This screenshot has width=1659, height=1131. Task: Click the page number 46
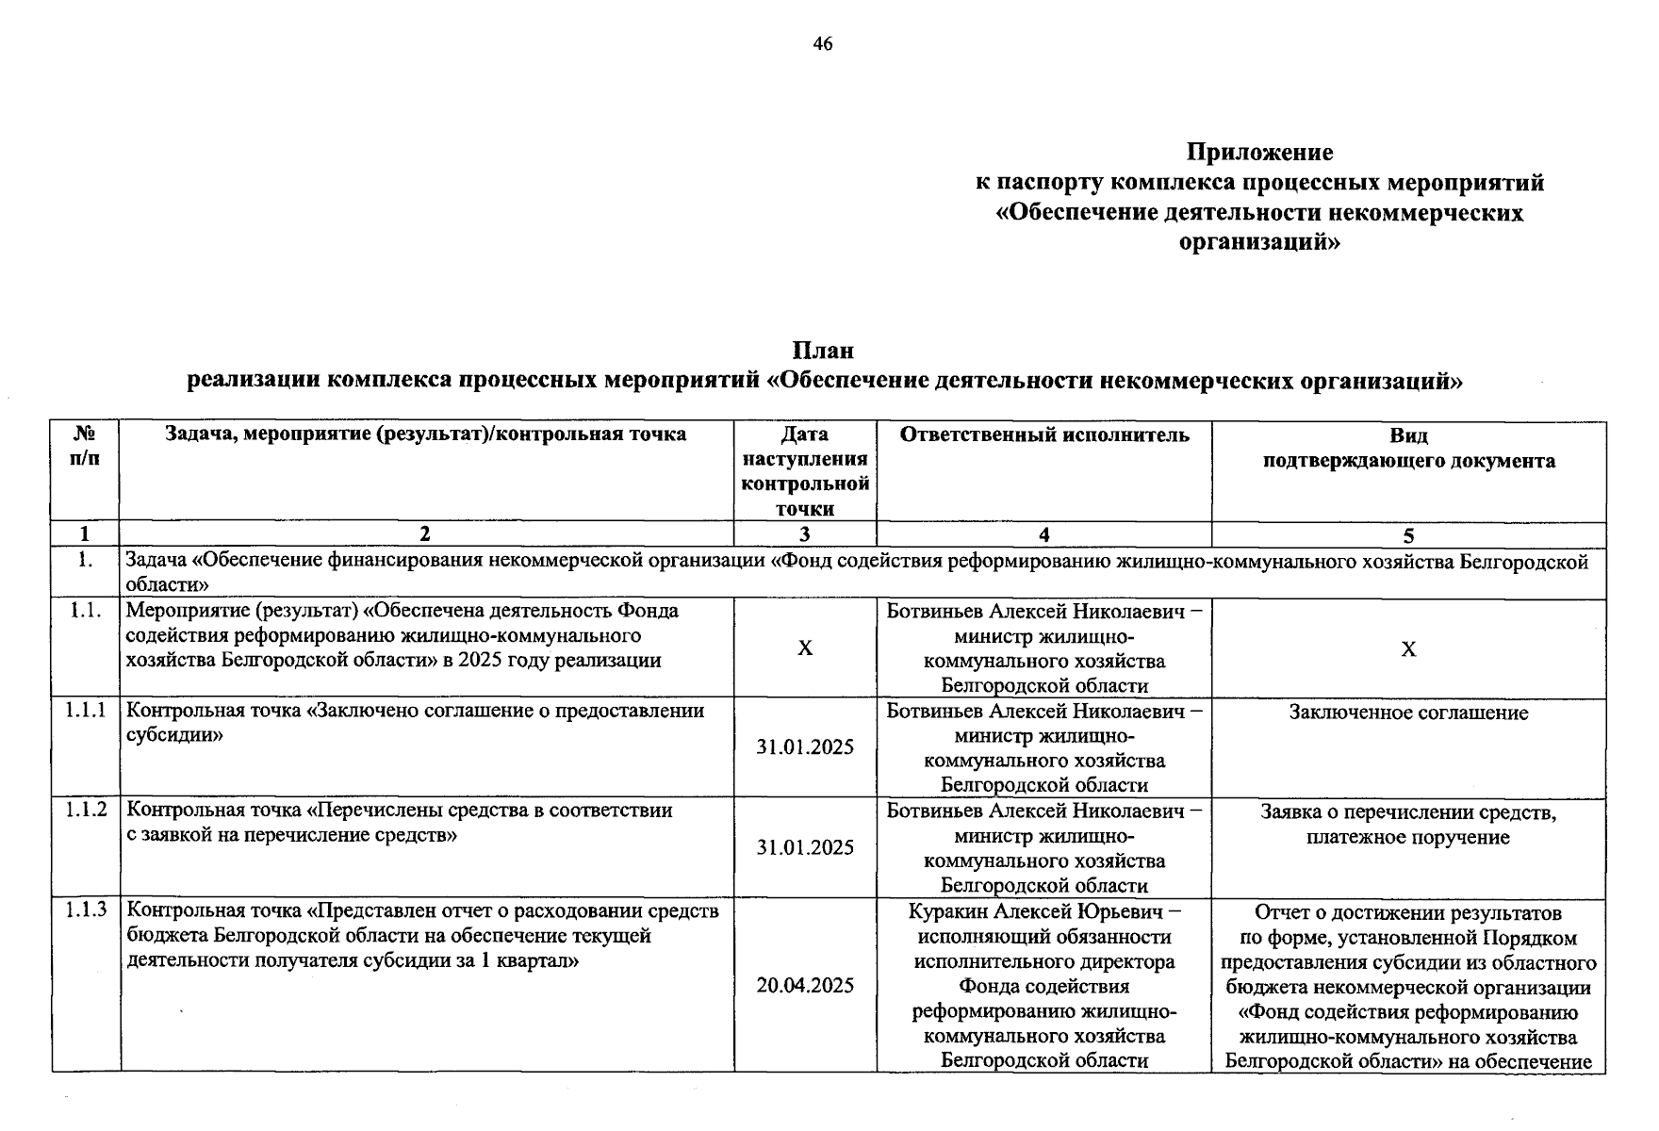(822, 44)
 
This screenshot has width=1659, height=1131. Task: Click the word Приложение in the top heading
(1259, 152)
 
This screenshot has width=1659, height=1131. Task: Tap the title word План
(823, 351)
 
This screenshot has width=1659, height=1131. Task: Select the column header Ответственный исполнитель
(1044, 434)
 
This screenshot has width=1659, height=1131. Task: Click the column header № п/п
(85, 447)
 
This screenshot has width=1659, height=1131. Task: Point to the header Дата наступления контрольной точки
(805, 471)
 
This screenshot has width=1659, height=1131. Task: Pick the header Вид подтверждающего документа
(1408, 448)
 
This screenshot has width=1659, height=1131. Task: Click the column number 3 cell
(805, 534)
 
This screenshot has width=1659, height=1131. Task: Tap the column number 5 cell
(1408, 535)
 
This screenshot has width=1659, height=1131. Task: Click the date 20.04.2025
(805, 986)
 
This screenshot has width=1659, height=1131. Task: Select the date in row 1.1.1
(805, 747)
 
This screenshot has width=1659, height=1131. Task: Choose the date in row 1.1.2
(805, 847)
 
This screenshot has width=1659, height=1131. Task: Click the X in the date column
(805, 648)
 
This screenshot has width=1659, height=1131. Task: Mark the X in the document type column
(1408, 649)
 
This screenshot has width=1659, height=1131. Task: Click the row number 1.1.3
(86, 910)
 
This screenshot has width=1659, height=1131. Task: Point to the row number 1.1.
(85, 611)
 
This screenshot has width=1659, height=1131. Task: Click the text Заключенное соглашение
(1408, 713)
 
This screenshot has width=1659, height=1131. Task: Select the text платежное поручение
(1408, 837)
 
